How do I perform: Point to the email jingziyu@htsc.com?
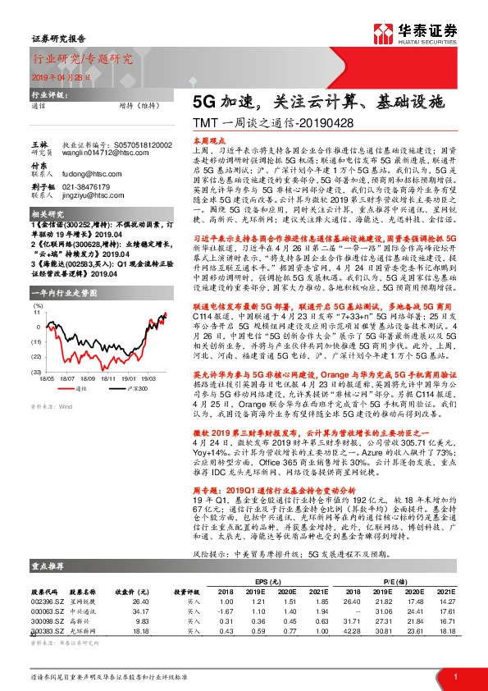click(x=89, y=197)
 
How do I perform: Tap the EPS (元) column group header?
click(x=264, y=579)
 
